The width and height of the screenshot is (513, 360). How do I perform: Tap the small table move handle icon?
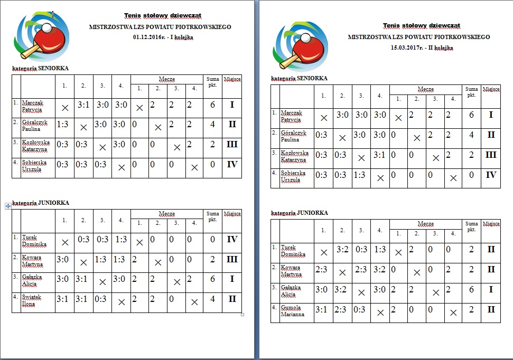(8, 206)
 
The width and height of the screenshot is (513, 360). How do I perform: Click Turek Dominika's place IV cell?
(232, 239)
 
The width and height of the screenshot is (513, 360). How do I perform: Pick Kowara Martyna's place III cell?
(232, 259)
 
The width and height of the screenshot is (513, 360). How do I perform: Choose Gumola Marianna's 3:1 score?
(322, 309)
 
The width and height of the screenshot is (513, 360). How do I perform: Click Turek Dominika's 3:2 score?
(342, 249)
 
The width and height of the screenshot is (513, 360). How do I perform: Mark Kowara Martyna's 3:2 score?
(380, 269)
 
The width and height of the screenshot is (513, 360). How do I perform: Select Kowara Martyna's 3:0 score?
(62, 259)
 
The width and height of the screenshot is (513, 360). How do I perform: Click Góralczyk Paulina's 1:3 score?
(62, 125)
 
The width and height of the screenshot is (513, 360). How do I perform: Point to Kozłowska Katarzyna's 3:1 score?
(380, 155)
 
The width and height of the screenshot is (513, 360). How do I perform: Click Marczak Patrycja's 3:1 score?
(83, 105)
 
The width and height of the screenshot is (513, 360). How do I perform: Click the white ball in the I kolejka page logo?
(48, 27)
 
